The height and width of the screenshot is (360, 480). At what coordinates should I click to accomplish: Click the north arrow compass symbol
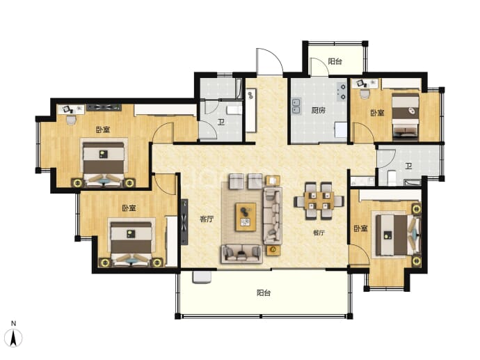point(13,338)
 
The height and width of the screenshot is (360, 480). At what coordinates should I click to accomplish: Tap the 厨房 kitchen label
point(319,110)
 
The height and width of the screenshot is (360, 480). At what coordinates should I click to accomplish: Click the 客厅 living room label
point(207,219)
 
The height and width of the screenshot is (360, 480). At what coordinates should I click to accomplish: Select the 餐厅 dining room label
point(319,233)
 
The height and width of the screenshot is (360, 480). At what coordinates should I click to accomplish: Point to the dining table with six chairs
point(319,201)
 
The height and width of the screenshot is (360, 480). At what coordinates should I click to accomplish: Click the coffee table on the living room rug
point(246,217)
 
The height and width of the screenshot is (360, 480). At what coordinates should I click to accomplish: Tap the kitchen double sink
point(296,106)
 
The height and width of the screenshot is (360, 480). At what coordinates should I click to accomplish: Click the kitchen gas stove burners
point(342,92)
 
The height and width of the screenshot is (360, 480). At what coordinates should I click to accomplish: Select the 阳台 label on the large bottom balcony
point(264,292)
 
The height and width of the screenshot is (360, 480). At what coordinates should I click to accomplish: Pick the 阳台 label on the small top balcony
point(335,61)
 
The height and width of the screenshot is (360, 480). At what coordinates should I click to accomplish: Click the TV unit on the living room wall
point(184,221)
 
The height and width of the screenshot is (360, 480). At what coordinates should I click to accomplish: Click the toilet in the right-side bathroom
point(392,178)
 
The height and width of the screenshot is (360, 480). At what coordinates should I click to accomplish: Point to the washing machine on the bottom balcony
point(202,277)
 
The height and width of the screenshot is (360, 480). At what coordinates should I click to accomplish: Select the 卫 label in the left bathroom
point(221,123)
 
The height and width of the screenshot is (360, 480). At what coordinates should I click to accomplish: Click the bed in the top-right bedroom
point(406,117)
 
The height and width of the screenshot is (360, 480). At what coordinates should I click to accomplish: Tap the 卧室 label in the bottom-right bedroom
point(360,228)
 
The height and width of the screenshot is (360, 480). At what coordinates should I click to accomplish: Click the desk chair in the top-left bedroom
point(71,120)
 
